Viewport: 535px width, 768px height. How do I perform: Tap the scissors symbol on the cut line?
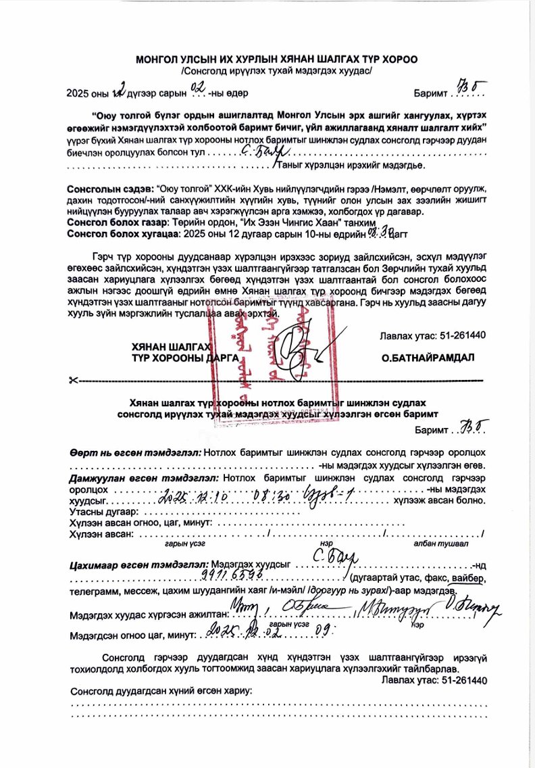(73, 381)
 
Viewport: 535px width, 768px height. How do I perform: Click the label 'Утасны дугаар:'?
(99, 512)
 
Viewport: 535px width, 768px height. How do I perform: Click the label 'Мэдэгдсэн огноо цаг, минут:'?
(132, 635)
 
